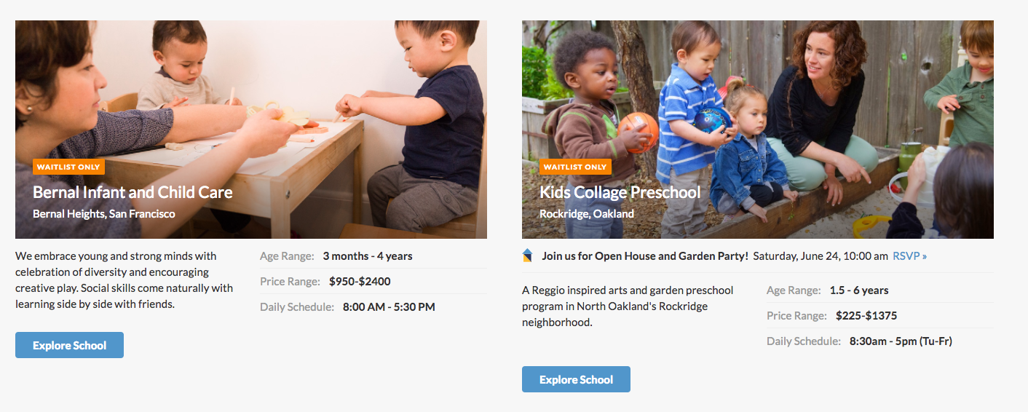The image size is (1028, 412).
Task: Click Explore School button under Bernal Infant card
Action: tap(69, 345)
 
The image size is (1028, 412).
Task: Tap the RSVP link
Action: tap(909, 256)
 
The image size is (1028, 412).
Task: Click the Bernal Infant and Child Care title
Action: tap(133, 193)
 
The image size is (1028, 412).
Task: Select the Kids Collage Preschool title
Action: tap(620, 193)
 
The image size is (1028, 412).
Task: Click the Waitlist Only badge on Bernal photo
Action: tap(68, 167)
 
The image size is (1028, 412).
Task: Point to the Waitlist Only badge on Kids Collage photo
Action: tap(575, 167)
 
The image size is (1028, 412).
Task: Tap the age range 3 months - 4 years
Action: tap(368, 256)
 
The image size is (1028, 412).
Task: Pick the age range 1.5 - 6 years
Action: tap(859, 290)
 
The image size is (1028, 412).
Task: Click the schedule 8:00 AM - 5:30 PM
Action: tap(389, 307)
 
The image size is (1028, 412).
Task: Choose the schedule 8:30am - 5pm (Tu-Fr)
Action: tap(901, 341)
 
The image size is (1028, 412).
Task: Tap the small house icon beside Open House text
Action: tap(528, 255)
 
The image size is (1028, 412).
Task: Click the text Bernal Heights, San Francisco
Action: tap(104, 214)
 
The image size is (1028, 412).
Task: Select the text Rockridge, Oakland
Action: tap(587, 214)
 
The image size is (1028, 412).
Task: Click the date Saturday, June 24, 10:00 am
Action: tap(821, 256)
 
